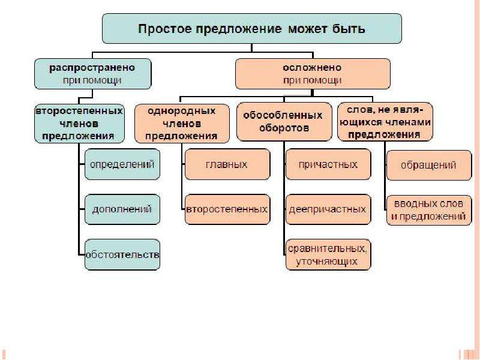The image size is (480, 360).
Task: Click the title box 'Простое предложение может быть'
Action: [251, 28]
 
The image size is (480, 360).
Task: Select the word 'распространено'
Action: [92, 68]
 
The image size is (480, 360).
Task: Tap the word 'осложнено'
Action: [312, 67]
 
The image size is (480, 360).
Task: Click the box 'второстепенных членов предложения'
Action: [79, 124]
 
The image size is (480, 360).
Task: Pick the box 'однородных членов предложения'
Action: [182, 124]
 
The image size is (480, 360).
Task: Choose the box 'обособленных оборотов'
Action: [284, 122]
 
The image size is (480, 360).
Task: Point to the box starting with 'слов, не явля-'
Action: [385, 122]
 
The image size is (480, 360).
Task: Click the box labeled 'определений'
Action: [122, 164]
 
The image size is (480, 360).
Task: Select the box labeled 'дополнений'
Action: [122, 209]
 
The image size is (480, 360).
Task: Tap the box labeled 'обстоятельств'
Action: [122, 254]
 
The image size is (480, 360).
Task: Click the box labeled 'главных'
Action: [227, 164]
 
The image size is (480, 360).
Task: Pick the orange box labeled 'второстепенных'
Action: [227, 209]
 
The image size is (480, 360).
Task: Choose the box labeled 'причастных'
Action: [328, 164]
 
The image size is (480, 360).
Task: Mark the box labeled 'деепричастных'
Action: [328, 209]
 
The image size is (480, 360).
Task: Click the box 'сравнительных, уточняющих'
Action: [328, 254]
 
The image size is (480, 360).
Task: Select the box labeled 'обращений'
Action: [429, 166]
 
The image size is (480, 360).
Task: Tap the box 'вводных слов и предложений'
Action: [429, 211]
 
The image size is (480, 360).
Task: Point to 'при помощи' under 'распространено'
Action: [92, 80]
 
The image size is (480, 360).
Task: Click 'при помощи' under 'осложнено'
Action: [312, 80]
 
